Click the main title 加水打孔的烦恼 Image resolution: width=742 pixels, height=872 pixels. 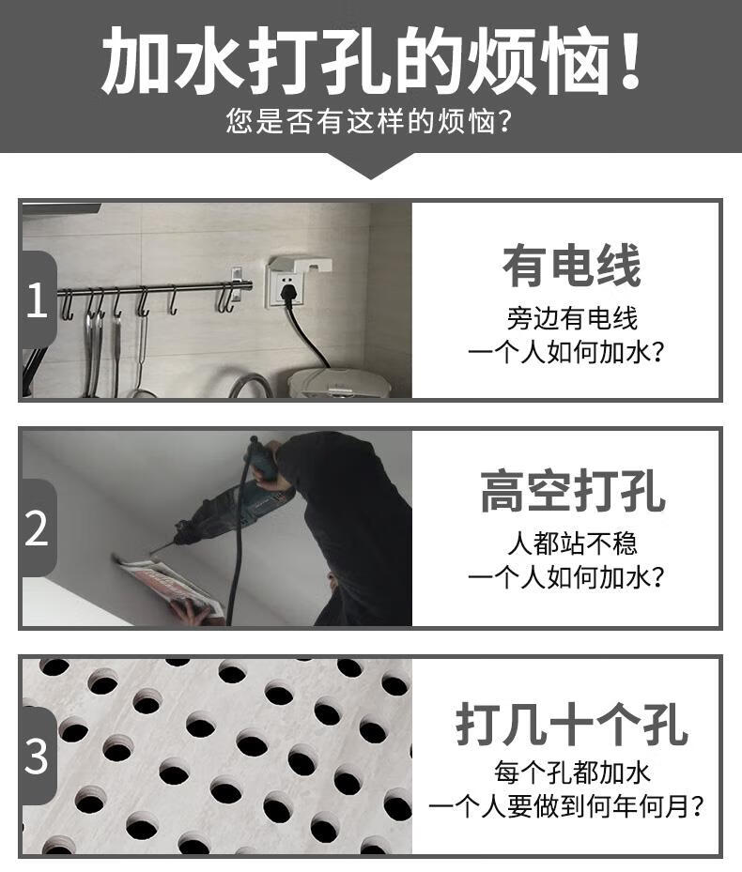371,61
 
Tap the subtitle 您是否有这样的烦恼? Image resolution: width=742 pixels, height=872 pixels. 369,121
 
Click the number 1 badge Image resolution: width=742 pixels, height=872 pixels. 37,299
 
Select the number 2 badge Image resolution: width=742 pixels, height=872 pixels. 37,528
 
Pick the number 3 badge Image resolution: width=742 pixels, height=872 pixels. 37,756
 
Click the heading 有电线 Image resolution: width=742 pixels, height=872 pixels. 572,266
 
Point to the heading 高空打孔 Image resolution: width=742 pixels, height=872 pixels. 573,491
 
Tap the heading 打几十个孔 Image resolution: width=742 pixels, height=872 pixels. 572,724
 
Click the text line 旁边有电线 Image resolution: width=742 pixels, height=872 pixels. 572,318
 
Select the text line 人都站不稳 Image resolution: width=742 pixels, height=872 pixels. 572,543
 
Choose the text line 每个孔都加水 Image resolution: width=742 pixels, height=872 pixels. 572,773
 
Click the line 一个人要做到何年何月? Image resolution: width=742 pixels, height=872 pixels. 565,806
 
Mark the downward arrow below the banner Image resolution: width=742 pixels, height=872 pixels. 371,166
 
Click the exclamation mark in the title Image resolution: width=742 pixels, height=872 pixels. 630,60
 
